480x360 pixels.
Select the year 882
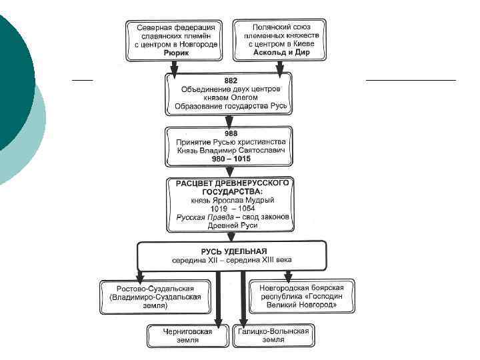[229, 80]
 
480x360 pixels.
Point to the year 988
[229, 134]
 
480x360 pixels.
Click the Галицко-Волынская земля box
[274, 335]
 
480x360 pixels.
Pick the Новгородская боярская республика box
[302, 296]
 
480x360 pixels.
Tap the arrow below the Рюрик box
[175, 67]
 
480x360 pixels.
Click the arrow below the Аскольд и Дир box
[281, 67]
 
